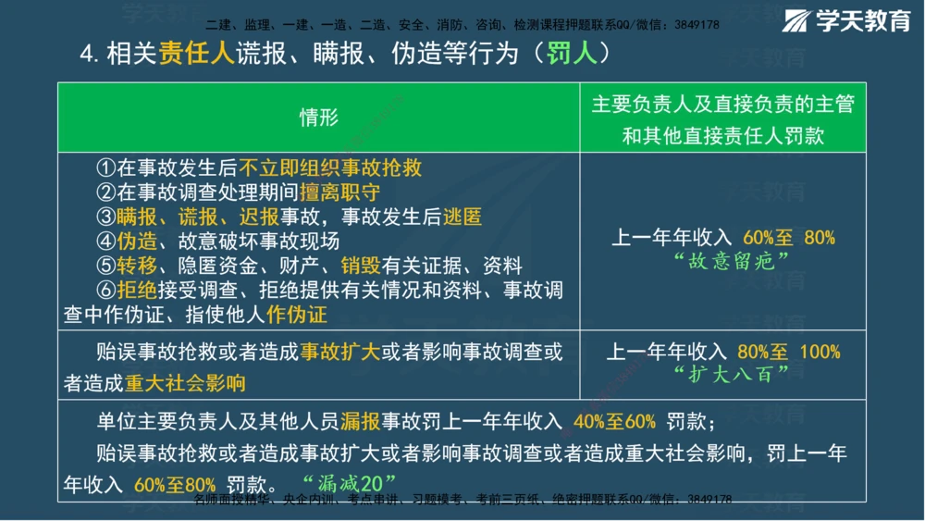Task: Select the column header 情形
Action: pyautogui.click(x=318, y=118)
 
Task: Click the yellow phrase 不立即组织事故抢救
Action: pyautogui.click(x=330, y=167)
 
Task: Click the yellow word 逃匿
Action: pyautogui.click(x=462, y=217)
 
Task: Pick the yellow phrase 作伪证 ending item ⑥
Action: pyautogui.click(x=296, y=315)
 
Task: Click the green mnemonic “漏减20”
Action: pyautogui.click(x=349, y=482)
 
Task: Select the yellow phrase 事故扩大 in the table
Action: pyautogui.click(x=339, y=353)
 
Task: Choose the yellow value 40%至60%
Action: pyautogui.click(x=614, y=423)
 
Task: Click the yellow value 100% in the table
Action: pyautogui.click(x=819, y=353)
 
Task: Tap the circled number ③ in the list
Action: pyautogui.click(x=106, y=217)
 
